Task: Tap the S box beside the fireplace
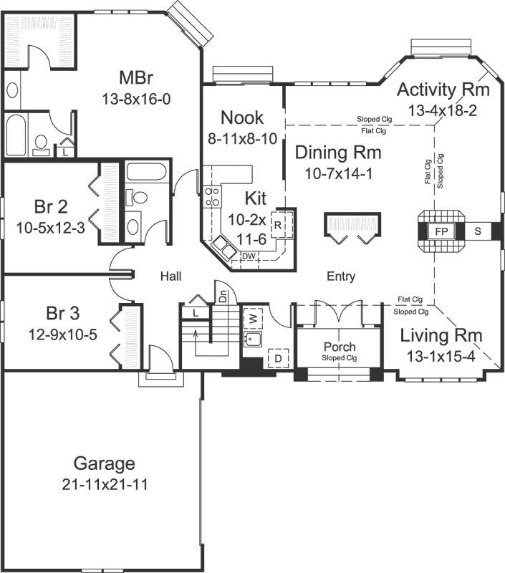(x=478, y=231)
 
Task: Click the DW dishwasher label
(x=249, y=256)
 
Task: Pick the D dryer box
(x=277, y=357)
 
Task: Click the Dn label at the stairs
(x=223, y=295)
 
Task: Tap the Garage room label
(x=105, y=463)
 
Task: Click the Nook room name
(x=241, y=117)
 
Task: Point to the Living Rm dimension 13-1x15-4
(x=441, y=357)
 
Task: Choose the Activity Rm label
(x=443, y=90)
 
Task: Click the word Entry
(x=341, y=276)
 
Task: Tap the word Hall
(x=170, y=276)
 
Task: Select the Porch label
(x=340, y=347)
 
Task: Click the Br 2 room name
(x=51, y=207)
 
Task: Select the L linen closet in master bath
(x=66, y=152)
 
